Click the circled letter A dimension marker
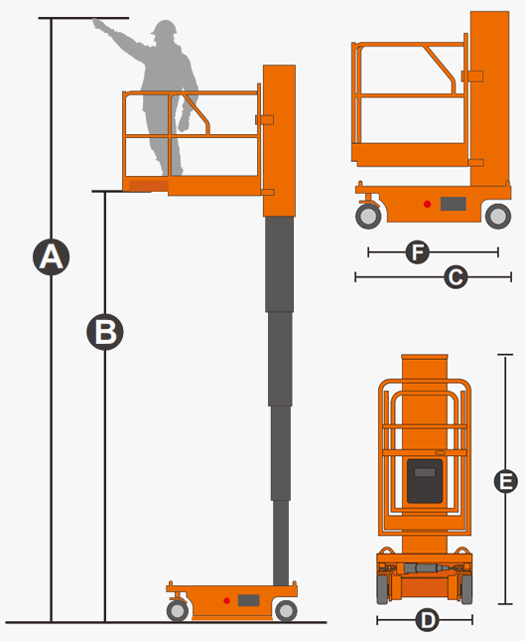[x=51, y=257]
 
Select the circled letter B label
[x=105, y=332]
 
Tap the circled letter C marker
[x=456, y=277]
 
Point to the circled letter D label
[x=427, y=620]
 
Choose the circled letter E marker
[x=506, y=481]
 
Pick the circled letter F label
[x=418, y=252]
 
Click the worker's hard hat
[x=165, y=28]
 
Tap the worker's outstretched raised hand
[x=99, y=24]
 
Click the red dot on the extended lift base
[x=226, y=600]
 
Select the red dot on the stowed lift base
[x=427, y=204]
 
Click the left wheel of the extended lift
[x=178, y=611]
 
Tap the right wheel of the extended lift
[x=286, y=611]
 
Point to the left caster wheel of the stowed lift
[x=368, y=217]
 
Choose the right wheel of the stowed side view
[x=498, y=217]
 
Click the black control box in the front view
[x=425, y=481]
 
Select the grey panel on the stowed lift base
[x=454, y=204]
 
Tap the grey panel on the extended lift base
[x=249, y=600]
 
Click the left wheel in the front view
[x=382, y=588]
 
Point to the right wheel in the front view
[x=466, y=588]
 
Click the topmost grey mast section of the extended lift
[x=279, y=264]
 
